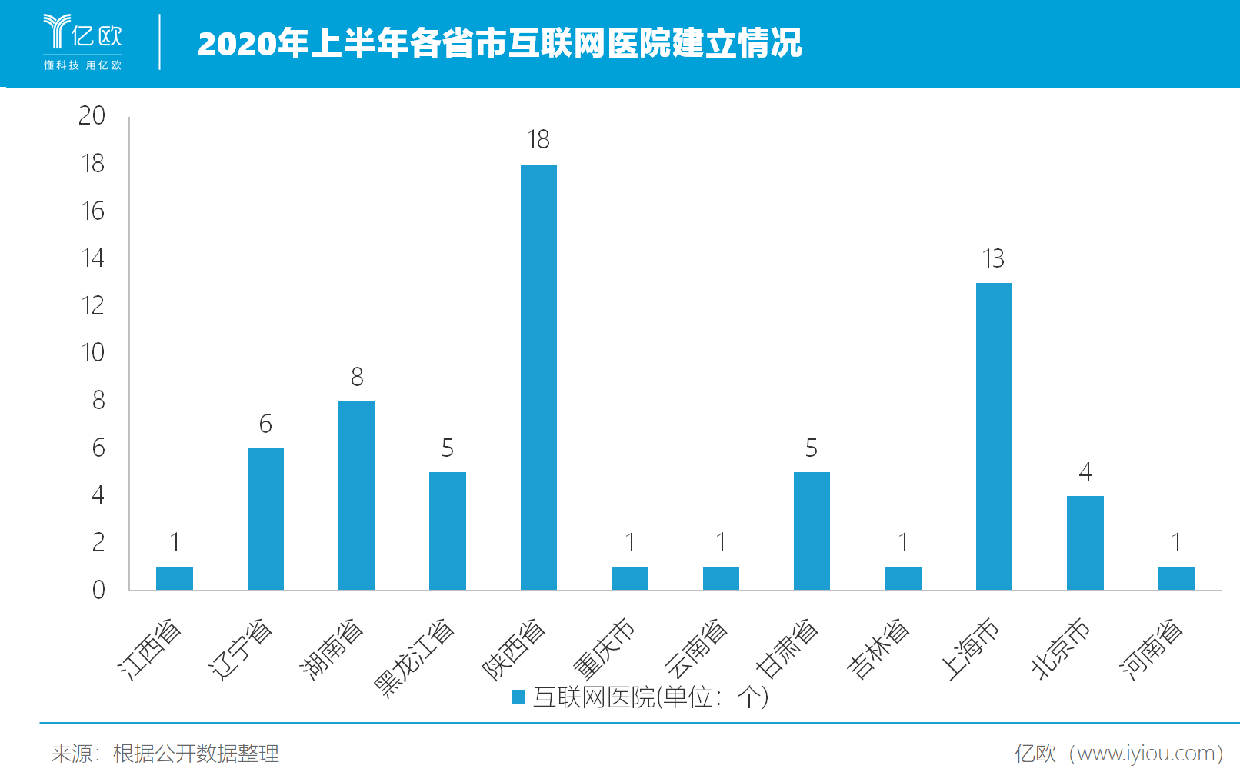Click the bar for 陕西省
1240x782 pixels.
click(x=538, y=377)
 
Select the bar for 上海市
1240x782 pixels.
click(x=994, y=436)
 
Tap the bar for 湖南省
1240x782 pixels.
click(x=356, y=495)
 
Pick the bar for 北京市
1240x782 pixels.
click(x=1085, y=543)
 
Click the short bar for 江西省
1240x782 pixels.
click(x=175, y=578)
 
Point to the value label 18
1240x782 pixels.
click(x=538, y=139)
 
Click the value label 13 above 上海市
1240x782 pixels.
click(x=993, y=258)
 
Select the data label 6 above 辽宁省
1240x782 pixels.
click(x=265, y=424)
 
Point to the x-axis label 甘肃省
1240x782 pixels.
click(x=787, y=649)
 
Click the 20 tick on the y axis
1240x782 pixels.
click(x=92, y=115)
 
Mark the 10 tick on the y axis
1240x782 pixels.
click(x=92, y=353)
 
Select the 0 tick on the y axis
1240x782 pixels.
click(x=98, y=590)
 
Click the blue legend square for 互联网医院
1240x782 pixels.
click(x=518, y=697)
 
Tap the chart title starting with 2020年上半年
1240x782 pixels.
click(x=499, y=43)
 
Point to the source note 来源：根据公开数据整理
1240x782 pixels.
click(x=165, y=754)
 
